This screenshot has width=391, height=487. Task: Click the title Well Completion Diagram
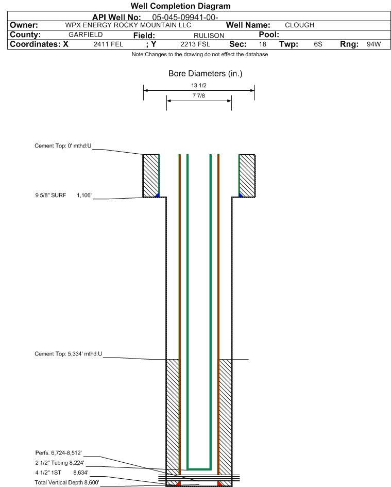click(x=180, y=6)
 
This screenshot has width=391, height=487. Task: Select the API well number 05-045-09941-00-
click(x=185, y=18)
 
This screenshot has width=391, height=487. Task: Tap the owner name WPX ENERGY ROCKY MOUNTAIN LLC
click(x=128, y=25)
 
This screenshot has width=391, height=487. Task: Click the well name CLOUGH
click(x=299, y=25)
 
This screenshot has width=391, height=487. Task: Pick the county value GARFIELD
click(x=86, y=35)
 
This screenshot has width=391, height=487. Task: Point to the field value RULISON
click(x=209, y=36)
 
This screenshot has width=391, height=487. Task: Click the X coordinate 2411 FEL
click(x=109, y=44)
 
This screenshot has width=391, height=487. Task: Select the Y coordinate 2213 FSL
click(x=195, y=44)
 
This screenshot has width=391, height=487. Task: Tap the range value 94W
click(x=373, y=44)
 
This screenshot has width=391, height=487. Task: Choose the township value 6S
click(x=318, y=44)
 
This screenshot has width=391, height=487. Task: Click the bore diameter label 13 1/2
click(x=199, y=86)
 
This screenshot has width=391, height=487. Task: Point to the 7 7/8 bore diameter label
click(x=199, y=95)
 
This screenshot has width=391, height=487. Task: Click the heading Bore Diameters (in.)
click(x=205, y=74)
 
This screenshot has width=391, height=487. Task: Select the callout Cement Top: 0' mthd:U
click(x=63, y=145)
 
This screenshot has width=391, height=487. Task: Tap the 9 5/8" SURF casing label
click(x=50, y=196)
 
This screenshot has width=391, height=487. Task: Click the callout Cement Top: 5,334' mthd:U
click(x=68, y=354)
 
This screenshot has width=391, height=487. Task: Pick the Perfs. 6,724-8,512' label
click(x=59, y=453)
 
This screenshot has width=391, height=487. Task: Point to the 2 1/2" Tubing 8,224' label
click(x=60, y=463)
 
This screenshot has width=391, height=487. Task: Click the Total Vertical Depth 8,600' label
click(x=67, y=482)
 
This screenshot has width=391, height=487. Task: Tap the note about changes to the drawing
click(x=200, y=54)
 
